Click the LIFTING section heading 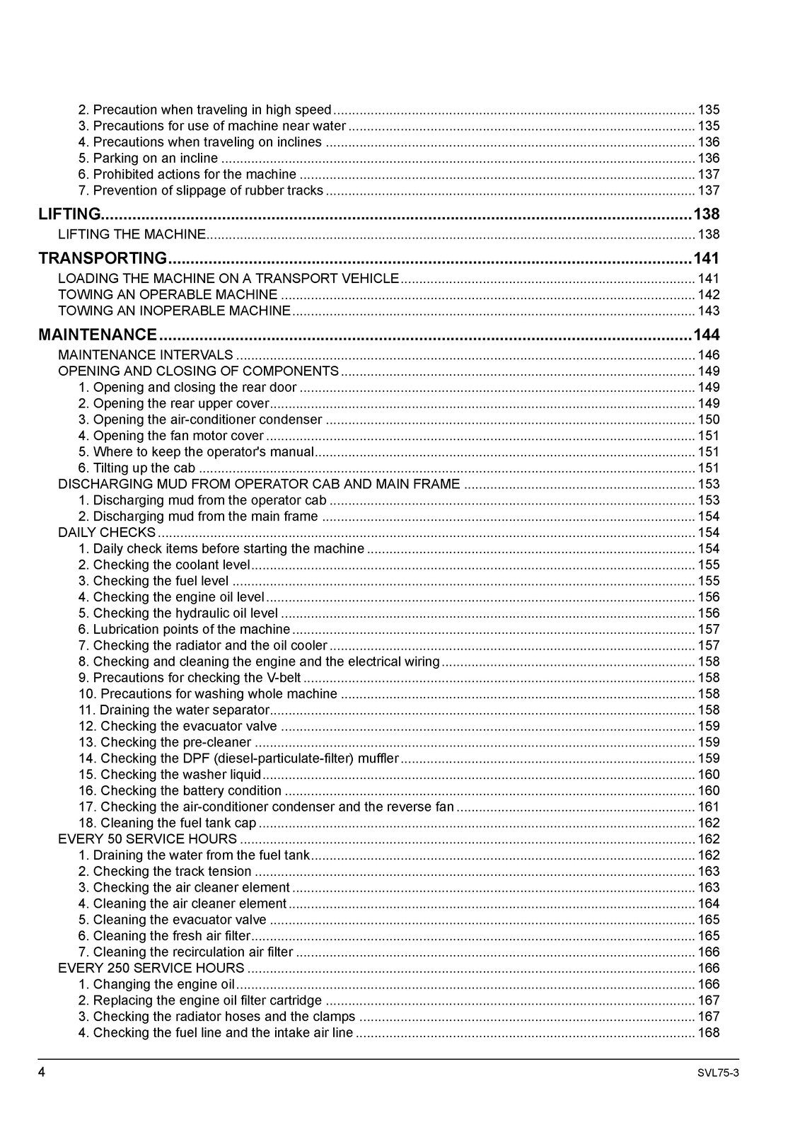click(70, 214)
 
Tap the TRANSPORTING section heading click(103, 258)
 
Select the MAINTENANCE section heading click(98, 335)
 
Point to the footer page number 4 click(42, 1073)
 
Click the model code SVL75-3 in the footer click(718, 1073)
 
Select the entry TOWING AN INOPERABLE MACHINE click(174, 311)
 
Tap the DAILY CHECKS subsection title click(107, 532)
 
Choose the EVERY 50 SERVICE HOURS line click(147, 839)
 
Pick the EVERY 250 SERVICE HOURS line click(151, 968)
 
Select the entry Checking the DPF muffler click(238, 758)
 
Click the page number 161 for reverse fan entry click(708, 807)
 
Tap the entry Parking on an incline click(148, 158)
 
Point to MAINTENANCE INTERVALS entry click(145, 354)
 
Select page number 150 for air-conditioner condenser click(708, 420)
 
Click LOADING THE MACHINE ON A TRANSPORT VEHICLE click(228, 279)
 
